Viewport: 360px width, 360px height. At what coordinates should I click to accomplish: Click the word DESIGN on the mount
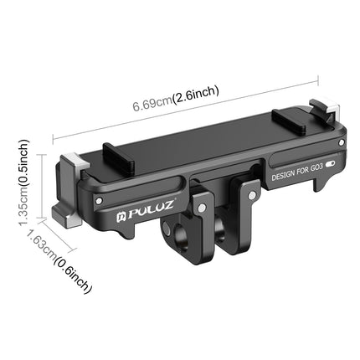[287, 177]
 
